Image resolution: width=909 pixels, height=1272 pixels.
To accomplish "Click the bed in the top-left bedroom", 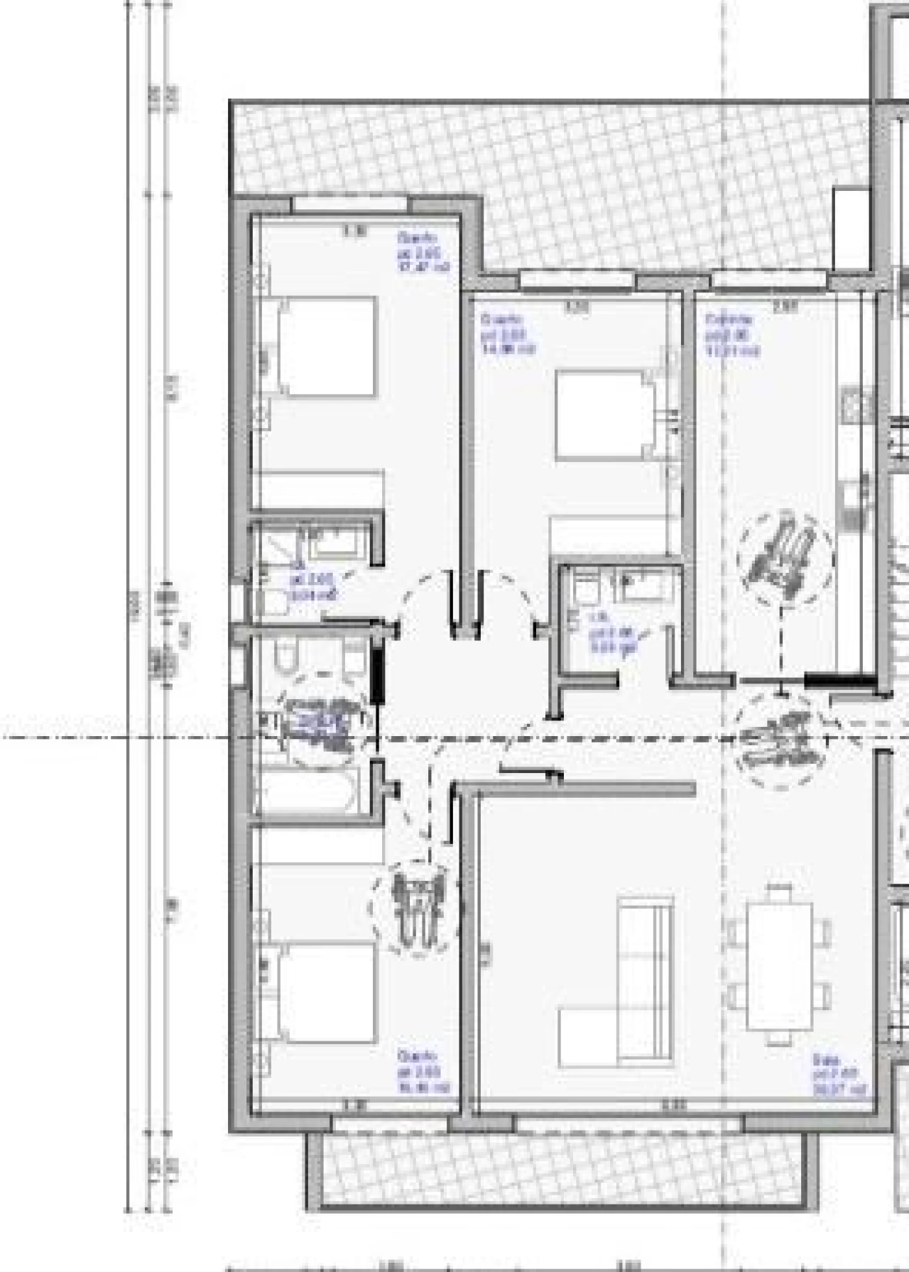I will coord(325,346).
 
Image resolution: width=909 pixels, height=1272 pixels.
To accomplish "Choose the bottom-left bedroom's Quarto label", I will coord(423,1072).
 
